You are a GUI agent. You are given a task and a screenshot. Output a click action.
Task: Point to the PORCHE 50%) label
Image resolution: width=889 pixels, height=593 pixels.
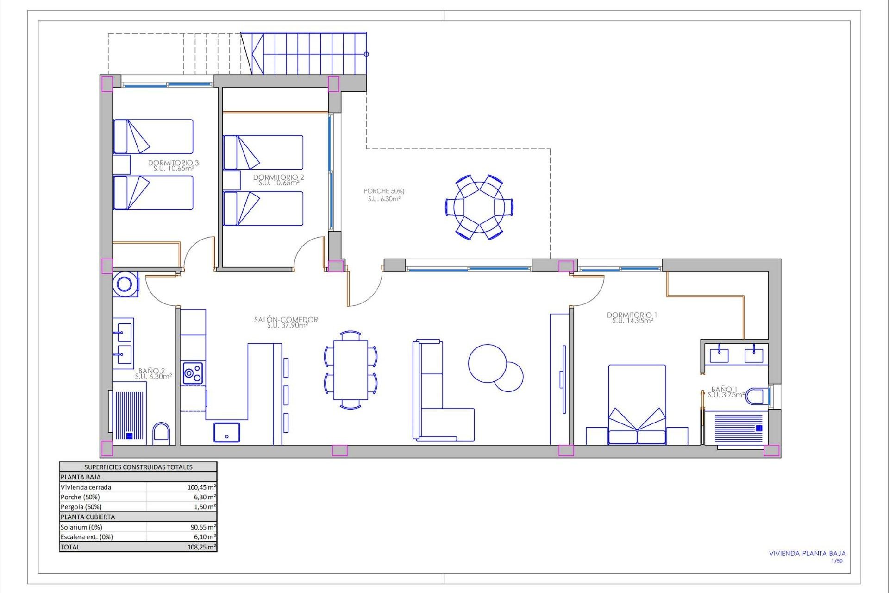point(384,191)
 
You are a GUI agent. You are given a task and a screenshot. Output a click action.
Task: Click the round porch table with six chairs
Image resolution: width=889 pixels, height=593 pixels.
point(479,207)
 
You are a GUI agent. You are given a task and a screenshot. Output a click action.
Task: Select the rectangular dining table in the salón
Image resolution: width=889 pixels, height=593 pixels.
point(351,370)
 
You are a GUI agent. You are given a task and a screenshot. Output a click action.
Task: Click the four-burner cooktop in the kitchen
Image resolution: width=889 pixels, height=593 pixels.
point(193,373)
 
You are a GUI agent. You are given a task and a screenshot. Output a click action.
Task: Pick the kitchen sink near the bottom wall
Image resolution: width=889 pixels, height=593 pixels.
point(226,432)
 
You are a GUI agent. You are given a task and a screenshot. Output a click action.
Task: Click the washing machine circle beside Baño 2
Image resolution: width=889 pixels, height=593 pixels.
point(125,284)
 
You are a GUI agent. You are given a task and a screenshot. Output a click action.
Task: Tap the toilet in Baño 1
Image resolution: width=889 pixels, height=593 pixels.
point(757,397)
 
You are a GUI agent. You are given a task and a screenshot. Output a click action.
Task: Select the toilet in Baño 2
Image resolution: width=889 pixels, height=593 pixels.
point(161,433)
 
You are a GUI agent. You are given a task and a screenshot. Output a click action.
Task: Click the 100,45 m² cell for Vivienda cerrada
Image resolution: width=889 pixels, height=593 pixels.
point(201,487)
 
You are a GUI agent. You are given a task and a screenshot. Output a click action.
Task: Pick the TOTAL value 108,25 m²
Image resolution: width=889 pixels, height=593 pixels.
point(201,547)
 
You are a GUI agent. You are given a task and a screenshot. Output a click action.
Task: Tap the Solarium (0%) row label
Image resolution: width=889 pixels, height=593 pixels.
point(81,527)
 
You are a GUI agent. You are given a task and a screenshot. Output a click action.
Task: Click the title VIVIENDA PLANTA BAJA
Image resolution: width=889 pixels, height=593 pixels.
point(807,553)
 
